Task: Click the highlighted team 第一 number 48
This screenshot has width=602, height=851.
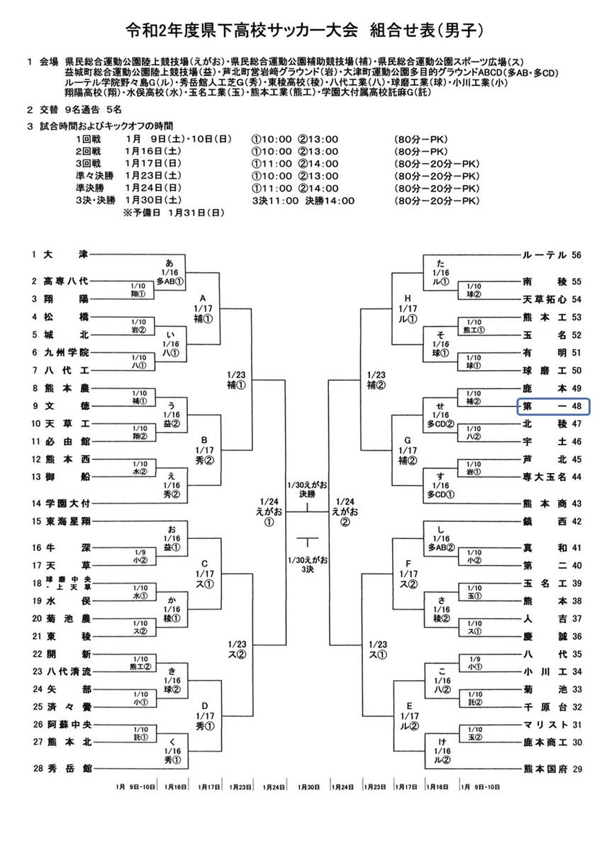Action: (552, 406)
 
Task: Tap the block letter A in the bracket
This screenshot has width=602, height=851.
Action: (204, 298)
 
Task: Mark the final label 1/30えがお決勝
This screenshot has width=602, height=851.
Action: (307, 489)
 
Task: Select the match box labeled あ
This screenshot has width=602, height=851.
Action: (169, 262)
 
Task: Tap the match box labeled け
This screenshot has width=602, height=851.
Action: (442, 742)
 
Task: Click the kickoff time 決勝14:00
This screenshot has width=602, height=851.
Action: (330, 201)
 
